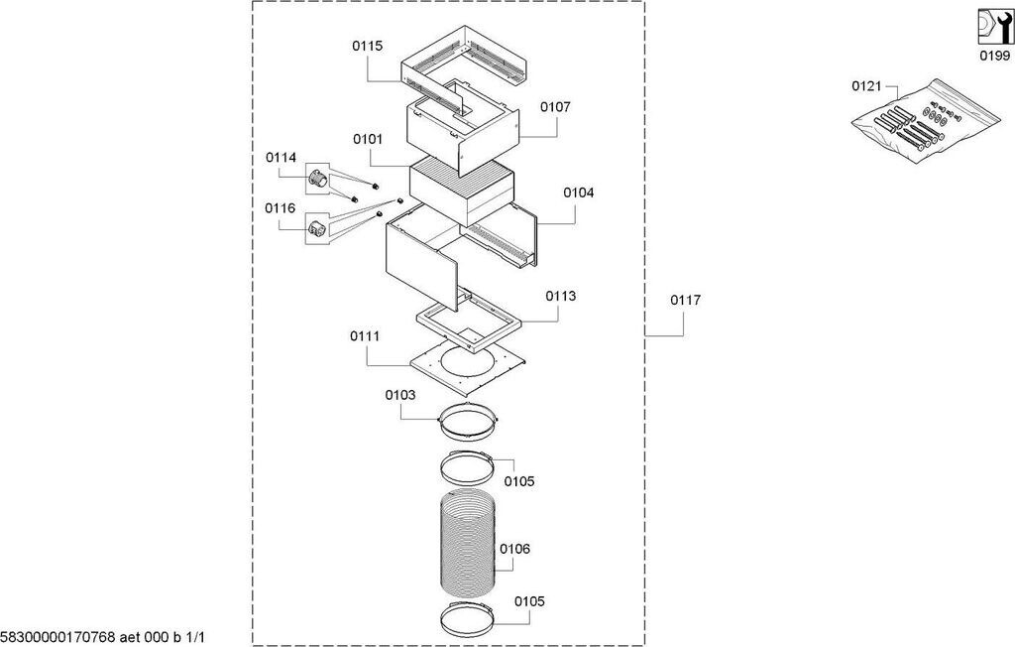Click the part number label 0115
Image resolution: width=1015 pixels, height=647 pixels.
click(x=367, y=46)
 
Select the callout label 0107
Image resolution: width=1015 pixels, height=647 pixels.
click(x=555, y=107)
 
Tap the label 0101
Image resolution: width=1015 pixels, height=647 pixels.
click(x=368, y=139)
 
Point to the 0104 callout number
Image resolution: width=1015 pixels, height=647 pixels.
click(x=578, y=193)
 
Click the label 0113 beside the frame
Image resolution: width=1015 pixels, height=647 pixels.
click(x=561, y=297)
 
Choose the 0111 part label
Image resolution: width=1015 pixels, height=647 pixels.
click(x=365, y=336)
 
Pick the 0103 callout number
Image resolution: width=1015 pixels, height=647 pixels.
click(x=400, y=396)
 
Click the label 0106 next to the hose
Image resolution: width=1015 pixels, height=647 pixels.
click(x=514, y=549)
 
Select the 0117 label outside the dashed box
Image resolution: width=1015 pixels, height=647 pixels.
click(x=685, y=300)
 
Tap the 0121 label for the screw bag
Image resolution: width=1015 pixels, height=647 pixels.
click(x=866, y=86)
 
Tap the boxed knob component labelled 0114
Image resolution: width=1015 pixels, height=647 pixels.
click(x=316, y=177)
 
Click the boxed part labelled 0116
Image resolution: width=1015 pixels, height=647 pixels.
click(x=316, y=228)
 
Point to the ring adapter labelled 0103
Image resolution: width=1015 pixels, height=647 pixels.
click(x=468, y=422)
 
